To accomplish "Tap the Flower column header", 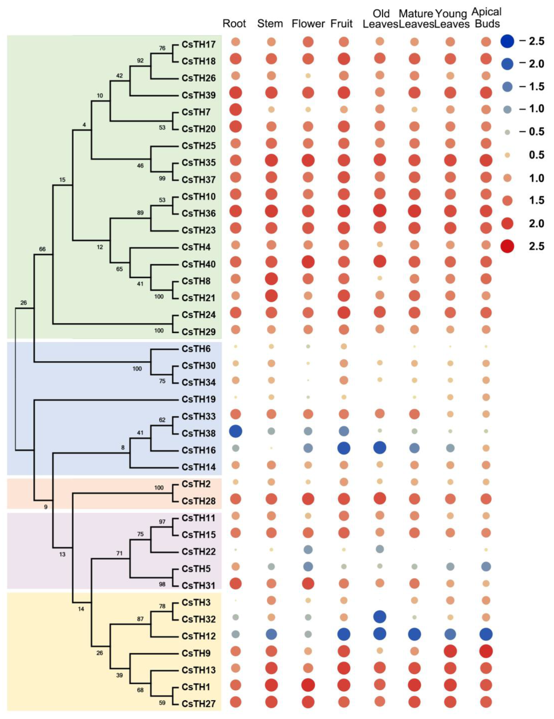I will (308, 24).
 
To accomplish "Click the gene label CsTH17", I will (198, 44).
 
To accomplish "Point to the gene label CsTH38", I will (198, 433).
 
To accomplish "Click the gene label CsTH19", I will (198, 399).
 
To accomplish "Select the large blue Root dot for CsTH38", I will (235, 431).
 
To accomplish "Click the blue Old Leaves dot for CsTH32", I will (379, 617).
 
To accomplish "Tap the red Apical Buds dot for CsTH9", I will (486, 651).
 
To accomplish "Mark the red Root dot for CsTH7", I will (235, 110).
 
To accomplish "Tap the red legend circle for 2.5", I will (507, 246).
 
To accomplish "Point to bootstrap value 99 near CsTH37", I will (162, 178).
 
